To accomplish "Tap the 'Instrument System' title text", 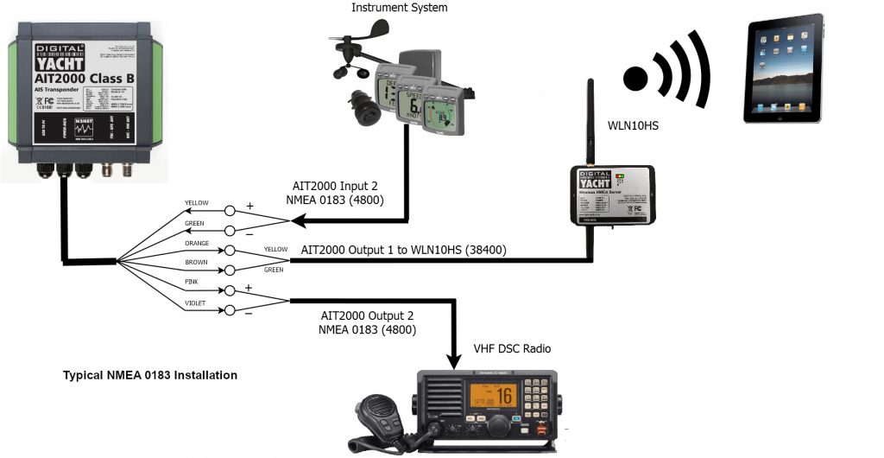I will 400,8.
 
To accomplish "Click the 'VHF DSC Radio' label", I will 511,349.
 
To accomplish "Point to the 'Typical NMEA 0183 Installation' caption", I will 150,376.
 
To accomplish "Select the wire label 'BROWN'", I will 196,262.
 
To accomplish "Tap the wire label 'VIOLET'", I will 196,302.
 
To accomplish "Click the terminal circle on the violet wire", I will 230,310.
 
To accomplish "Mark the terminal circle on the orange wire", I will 230,250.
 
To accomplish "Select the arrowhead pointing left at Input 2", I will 299,221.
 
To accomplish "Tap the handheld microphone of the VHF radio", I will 378,419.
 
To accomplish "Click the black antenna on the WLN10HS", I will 590,121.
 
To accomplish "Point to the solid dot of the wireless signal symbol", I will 636,77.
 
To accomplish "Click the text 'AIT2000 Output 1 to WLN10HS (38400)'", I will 403,251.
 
